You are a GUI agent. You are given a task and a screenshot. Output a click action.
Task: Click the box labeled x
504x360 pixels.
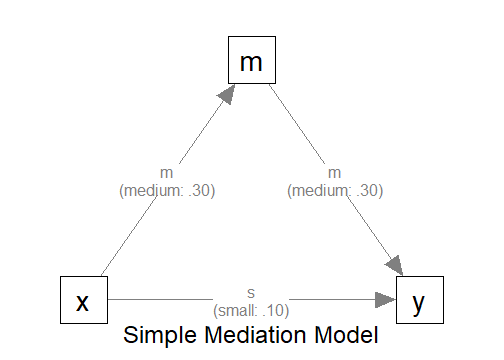tap(84, 300)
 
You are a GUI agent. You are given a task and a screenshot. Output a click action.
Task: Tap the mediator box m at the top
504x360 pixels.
tap(252, 62)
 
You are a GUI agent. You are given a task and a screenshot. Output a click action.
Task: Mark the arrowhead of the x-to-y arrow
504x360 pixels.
tap(386, 300)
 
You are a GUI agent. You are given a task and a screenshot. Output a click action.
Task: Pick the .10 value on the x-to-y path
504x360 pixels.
tap(275, 310)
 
